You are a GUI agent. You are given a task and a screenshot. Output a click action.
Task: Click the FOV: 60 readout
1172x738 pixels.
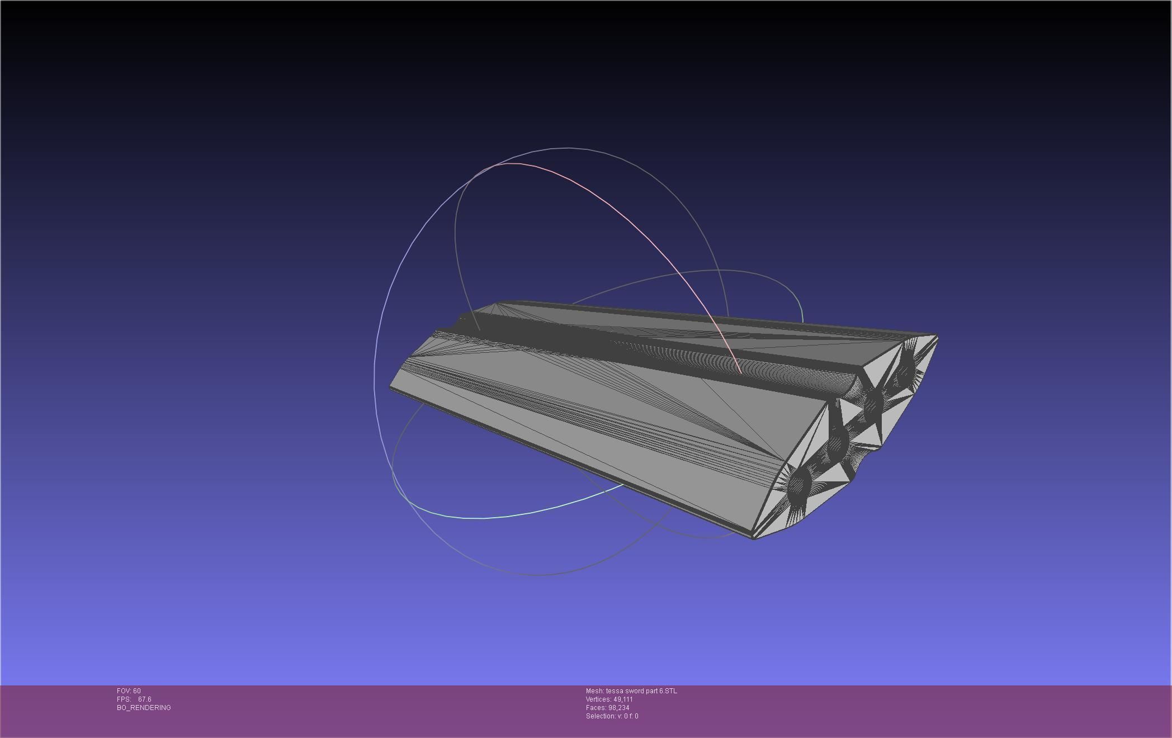129,691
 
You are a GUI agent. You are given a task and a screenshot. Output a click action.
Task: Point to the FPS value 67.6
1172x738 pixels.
144,699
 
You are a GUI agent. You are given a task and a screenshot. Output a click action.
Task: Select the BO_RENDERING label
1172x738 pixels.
144,708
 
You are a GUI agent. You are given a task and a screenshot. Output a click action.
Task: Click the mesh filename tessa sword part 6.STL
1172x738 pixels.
641,691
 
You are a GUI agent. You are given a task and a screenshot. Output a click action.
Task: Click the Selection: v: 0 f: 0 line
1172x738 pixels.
612,716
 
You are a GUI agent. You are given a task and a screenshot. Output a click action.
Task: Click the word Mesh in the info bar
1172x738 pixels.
594,691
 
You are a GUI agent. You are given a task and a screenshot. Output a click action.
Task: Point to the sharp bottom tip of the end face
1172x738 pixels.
754,538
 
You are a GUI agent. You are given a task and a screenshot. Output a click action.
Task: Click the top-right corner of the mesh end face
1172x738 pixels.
937,337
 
